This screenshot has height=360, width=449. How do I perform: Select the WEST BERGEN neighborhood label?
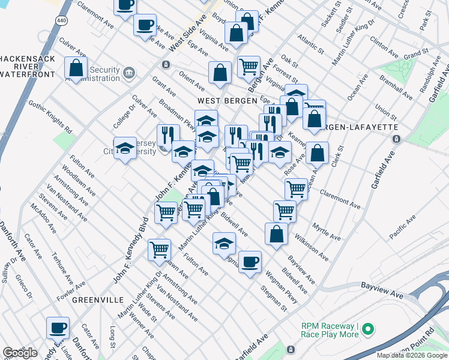click(x=224, y=101)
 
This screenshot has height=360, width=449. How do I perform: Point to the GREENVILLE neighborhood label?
click(x=98, y=299)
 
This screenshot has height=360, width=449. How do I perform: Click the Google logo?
click(x=20, y=353)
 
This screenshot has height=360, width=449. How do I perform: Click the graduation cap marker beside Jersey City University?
click(x=125, y=149)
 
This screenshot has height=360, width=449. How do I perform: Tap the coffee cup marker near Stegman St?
click(x=250, y=262)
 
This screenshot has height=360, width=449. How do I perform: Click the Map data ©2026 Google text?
click(x=412, y=355)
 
